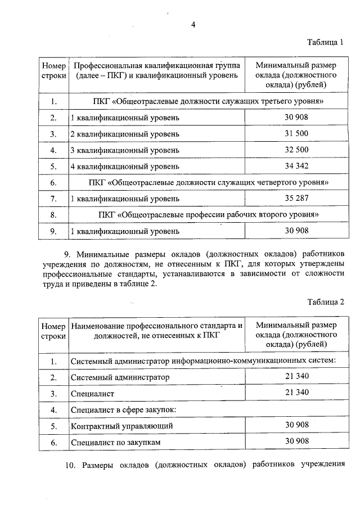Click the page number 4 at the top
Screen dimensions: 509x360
[193, 24]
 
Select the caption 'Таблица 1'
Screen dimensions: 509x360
[325, 42]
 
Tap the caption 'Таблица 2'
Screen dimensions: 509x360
[325, 301]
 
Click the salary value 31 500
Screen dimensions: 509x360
[296, 134]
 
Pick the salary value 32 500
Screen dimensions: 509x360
[296, 150]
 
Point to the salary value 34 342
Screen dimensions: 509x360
[296, 166]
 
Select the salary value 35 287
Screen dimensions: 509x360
[296, 199]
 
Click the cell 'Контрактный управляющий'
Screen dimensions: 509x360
[121, 426]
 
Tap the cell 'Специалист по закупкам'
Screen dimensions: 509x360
[116, 443]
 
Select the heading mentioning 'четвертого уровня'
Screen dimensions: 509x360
[208, 183]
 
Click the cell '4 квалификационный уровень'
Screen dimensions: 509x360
[125, 166]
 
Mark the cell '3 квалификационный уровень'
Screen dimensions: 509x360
[125, 150]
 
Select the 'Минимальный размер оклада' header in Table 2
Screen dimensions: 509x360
[296, 335]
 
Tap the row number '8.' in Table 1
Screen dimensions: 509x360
[53, 215]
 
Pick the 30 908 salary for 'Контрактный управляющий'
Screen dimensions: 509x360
[296, 426]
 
